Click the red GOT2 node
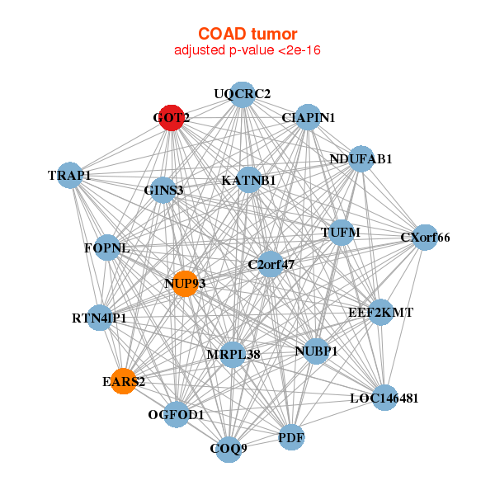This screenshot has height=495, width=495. point(171,118)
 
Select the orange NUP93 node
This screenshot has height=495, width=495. point(186,284)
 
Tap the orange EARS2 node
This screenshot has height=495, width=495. point(124,381)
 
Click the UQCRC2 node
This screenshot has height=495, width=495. point(243,95)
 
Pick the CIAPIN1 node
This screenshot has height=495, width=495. point(308,117)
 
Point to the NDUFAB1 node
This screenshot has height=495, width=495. point(361,158)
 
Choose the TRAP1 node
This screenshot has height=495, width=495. point(70,175)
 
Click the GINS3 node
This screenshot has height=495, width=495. point(163,190)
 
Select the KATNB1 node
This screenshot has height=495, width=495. point(249,180)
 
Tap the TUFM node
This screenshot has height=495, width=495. point(342,233)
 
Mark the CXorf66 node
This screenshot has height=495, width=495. point(425,238)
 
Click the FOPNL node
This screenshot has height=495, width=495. point(107,247)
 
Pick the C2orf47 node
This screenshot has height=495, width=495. point(271,264)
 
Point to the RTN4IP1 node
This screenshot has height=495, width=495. point(100,318)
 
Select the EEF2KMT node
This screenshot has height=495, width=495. point(380,312)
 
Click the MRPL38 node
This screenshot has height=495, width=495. point(233,355)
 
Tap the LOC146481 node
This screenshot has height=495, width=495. point(384,398)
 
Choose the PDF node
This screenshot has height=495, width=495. point(291,437)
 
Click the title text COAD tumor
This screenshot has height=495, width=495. point(247,34)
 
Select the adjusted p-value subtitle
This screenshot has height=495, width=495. point(247,50)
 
